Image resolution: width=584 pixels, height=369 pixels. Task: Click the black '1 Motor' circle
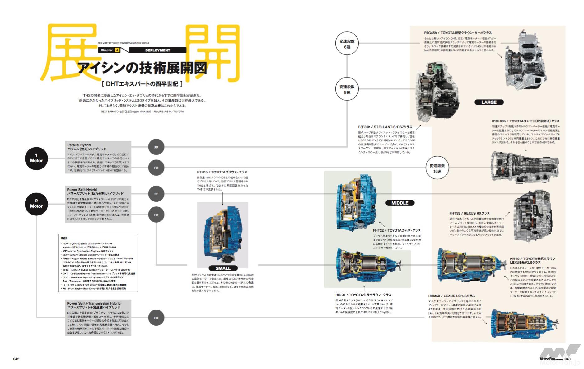tap(36, 158)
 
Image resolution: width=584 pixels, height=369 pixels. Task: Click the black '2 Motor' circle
tap(36, 203)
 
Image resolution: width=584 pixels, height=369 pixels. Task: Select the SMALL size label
tap(223, 268)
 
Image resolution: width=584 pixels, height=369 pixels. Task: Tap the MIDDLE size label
tap(399, 203)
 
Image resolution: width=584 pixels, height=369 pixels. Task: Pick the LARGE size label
tap(489, 102)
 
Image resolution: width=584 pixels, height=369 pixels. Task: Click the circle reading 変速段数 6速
tap(347, 44)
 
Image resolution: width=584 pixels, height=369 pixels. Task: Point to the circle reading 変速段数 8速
tap(347, 90)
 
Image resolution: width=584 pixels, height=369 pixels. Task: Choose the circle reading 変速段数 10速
tap(437, 168)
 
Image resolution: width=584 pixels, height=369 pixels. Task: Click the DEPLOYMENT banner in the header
tap(157, 50)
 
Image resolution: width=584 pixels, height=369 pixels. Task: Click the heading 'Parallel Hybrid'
tap(79, 145)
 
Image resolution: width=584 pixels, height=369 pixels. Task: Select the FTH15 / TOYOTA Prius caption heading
tap(222, 172)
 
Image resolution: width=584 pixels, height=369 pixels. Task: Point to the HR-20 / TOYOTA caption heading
tap(363, 295)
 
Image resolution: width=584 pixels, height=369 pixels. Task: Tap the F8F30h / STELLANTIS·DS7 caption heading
tap(385, 127)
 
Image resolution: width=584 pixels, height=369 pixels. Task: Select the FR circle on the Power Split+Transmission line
tap(156, 318)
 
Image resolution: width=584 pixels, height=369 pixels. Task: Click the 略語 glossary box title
tap(64, 238)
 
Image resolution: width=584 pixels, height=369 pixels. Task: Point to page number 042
tap(16, 359)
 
